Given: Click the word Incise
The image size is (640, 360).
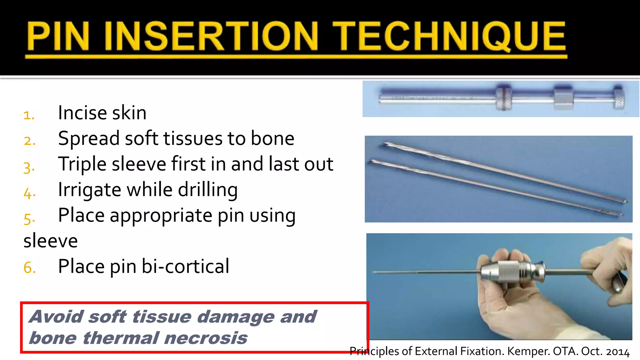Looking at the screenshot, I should point(82,112).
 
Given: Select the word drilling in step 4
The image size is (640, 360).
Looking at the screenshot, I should point(208,190).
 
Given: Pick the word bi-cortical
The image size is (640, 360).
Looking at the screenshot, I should point(186,267).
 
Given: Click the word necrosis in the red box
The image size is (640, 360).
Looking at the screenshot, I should point(206,338).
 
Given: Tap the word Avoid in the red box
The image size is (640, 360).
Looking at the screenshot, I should point(56,317).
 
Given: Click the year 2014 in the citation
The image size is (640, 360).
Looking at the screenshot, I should point(618,352).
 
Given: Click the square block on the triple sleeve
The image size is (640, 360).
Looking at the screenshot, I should point(563,98).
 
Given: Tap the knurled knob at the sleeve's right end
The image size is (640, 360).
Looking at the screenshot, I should point(618,97).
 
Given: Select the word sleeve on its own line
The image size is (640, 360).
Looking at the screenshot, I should point(51,241).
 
